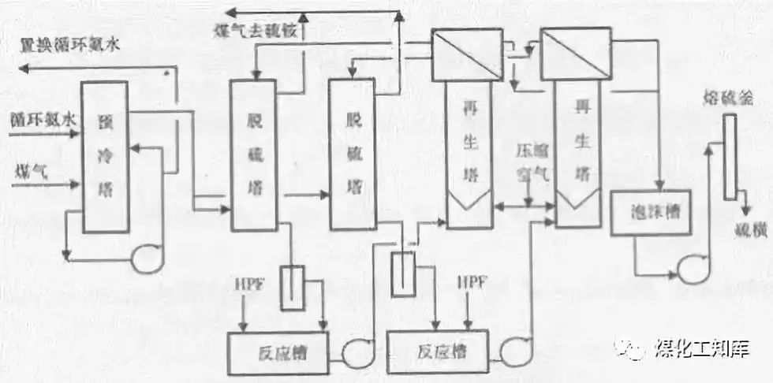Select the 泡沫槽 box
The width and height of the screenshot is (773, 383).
point(651,213)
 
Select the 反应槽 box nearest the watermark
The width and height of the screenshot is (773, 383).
point(437,350)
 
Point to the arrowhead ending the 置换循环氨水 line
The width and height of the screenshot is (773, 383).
point(24,69)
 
